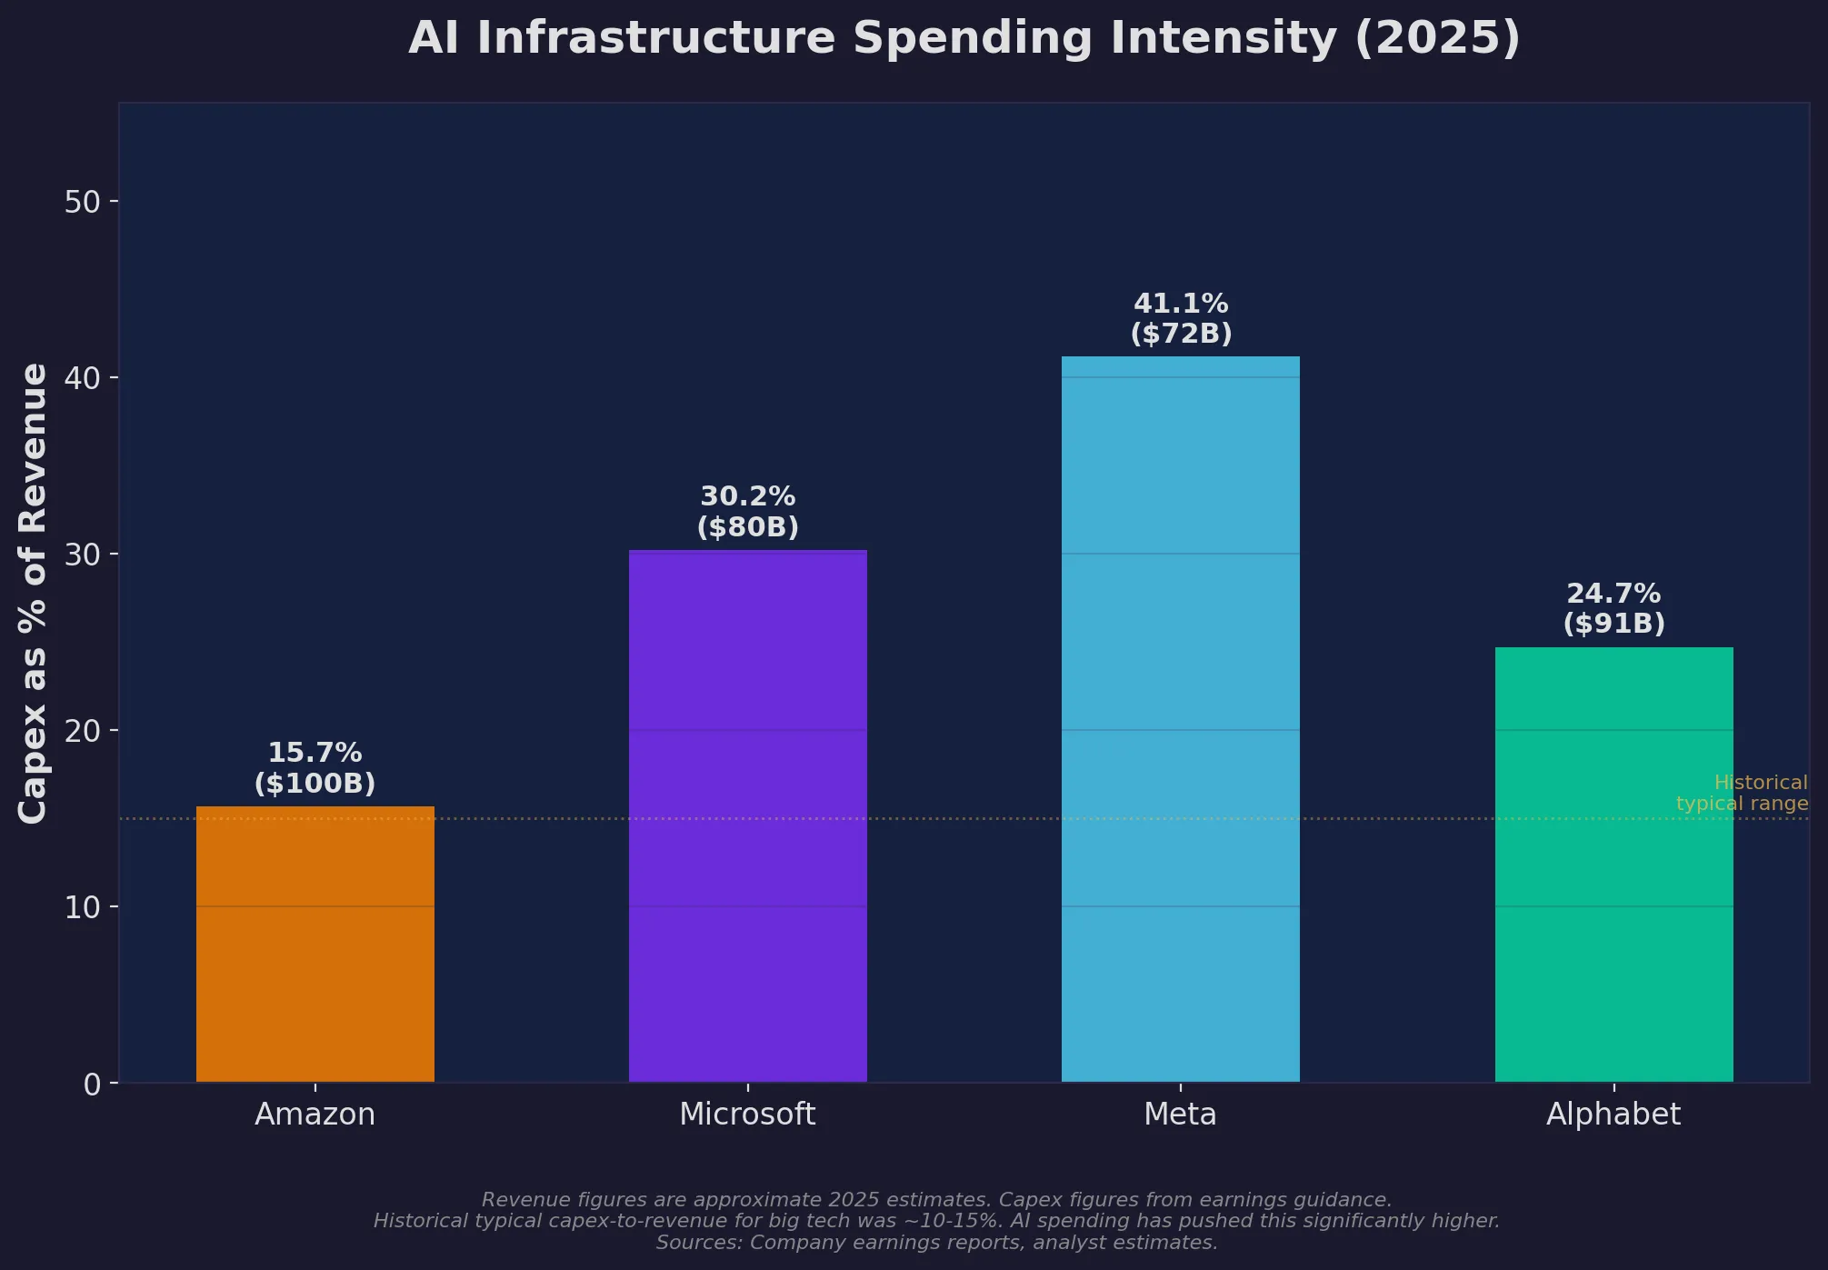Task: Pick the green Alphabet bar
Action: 1613,864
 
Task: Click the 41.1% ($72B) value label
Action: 1180,318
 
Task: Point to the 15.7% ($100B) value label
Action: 315,768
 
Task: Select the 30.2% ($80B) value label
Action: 747,512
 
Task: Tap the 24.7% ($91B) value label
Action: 1613,608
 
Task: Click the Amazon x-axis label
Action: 315,1115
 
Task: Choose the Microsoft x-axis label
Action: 747,1115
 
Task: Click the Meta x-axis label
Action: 1180,1115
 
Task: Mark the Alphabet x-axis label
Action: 1613,1115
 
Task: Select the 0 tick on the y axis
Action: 92,1084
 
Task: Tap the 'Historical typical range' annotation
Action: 1742,793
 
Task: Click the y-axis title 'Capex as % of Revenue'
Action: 34,593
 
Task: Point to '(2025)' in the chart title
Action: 1437,39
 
